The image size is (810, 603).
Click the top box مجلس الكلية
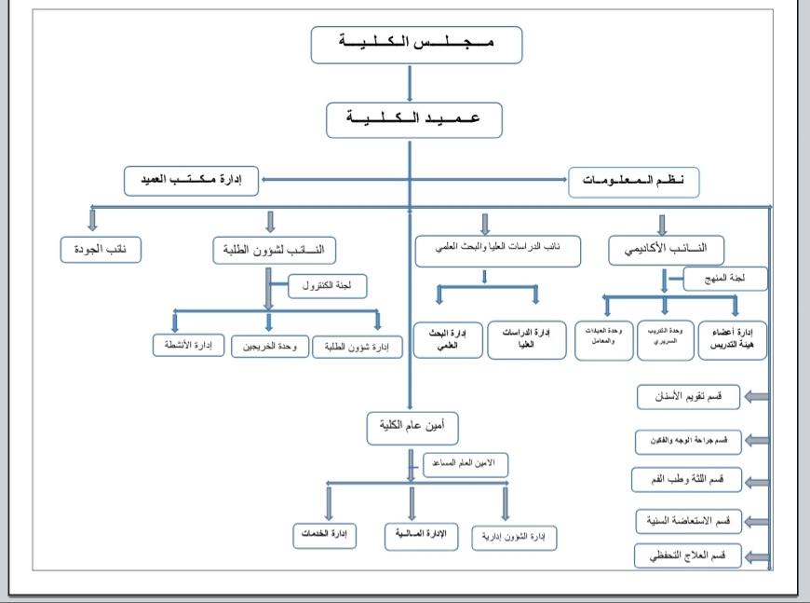(416, 45)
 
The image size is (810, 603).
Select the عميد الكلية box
(414, 120)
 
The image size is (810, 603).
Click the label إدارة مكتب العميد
(194, 180)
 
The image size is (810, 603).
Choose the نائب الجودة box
(101, 250)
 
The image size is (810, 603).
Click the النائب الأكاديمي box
(666, 249)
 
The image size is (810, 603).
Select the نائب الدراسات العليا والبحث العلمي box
(497, 250)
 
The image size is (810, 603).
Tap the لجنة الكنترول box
(327, 287)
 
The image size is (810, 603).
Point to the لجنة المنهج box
(724, 278)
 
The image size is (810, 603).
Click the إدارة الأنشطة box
(189, 346)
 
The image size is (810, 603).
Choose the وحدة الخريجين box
(270, 347)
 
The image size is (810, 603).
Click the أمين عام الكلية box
(412, 428)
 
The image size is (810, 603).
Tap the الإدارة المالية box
(424, 535)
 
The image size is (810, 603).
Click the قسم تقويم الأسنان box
(687, 396)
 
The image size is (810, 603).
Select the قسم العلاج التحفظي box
(687, 555)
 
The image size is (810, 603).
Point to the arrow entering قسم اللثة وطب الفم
(756, 481)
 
